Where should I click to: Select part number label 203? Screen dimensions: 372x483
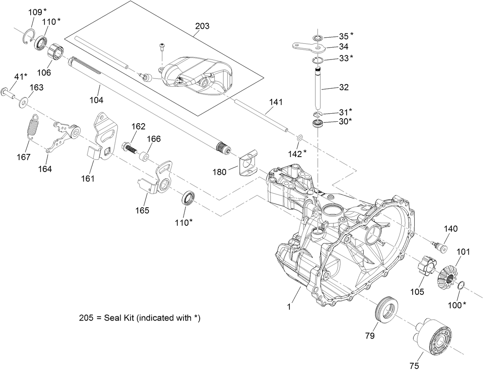click(x=202, y=26)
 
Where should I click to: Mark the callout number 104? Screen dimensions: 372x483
click(x=96, y=100)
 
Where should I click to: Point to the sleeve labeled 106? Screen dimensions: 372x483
click(x=56, y=52)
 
